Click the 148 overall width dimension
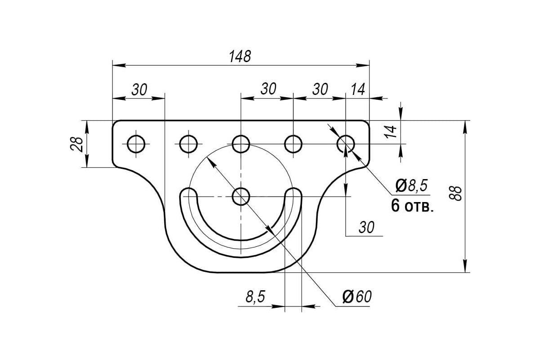pyautogui.click(x=240, y=56)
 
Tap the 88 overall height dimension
pyautogui.click(x=455, y=193)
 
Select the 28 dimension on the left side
pyautogui.click(x=77, y=144)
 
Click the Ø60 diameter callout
pyautogui.click(x=357, y=297)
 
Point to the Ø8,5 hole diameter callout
pyautogui.click(x=412, y=185)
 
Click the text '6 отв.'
pyautogui.click(x=412, y=206)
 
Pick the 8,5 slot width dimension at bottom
pyautogui.click(x=255, y=297)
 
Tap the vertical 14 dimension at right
pyautogui.click(x=390, y=132)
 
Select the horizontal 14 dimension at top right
pyautogui.click(x=358, y=89)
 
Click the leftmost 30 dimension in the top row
pyautogui.click(x=139, y=90)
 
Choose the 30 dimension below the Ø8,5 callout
pyautogui.click(x=366, y=227)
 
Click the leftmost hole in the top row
pyautogui.click(x=136, y=144)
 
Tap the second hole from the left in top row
pyautogui.click(x=189, y=144)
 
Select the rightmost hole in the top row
pyautogui.click(x=346, y=144)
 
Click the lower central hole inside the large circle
pyautogui.click(x=241, y=197)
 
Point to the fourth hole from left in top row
pyautogui.click(x=293, y=144)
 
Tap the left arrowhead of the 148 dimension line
pyautogui.click(x=119, y=65)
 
